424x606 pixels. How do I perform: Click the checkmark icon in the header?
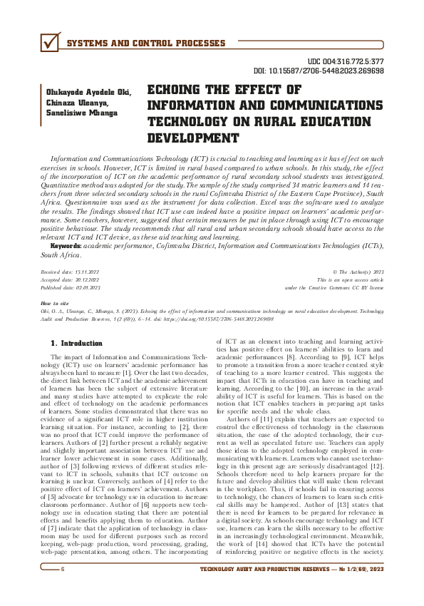click(x=49, y=43)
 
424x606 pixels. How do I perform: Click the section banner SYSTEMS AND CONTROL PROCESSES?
click(x=145, y=44)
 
